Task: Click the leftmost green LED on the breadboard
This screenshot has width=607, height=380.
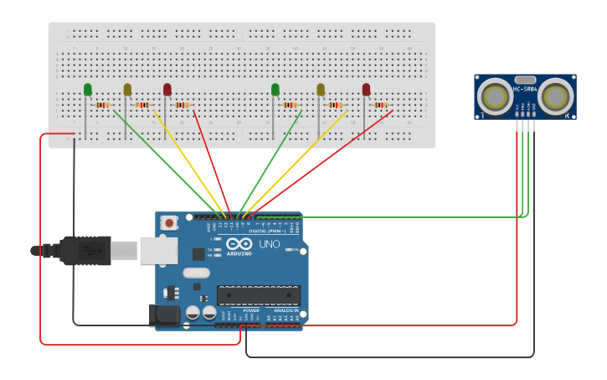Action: [88, 89]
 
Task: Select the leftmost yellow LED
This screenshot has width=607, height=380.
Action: [127, 89]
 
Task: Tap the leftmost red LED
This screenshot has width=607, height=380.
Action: [167, 89]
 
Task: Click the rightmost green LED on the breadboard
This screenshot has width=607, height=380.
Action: [275, 89]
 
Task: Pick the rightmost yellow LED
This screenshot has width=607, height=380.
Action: [321, 89]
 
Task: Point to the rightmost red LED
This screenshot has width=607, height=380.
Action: [366, 89]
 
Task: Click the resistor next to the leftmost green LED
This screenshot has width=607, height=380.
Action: [102, 105]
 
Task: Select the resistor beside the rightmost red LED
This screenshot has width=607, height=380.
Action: [381, 105]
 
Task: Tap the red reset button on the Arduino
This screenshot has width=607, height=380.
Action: [170, 223]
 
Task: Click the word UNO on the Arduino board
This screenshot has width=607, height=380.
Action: [269, 244]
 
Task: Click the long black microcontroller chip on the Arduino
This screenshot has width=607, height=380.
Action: [259, 295]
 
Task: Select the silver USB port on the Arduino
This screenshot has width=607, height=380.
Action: [158, 250]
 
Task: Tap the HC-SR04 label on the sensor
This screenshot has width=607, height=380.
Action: [525, 89]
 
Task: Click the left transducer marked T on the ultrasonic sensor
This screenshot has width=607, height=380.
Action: [496, 97]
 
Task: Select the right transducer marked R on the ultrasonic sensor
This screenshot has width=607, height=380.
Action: [555, 97]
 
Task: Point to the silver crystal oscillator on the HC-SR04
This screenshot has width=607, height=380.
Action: [525, 80]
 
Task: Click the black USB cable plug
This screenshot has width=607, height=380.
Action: [84, 250]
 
